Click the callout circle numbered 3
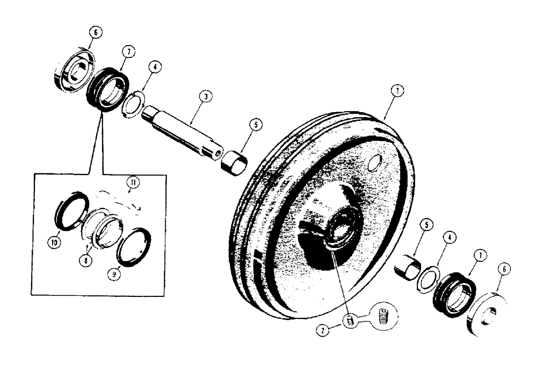(x=204, y=97)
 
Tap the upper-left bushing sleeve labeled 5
(x=234, y=162)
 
